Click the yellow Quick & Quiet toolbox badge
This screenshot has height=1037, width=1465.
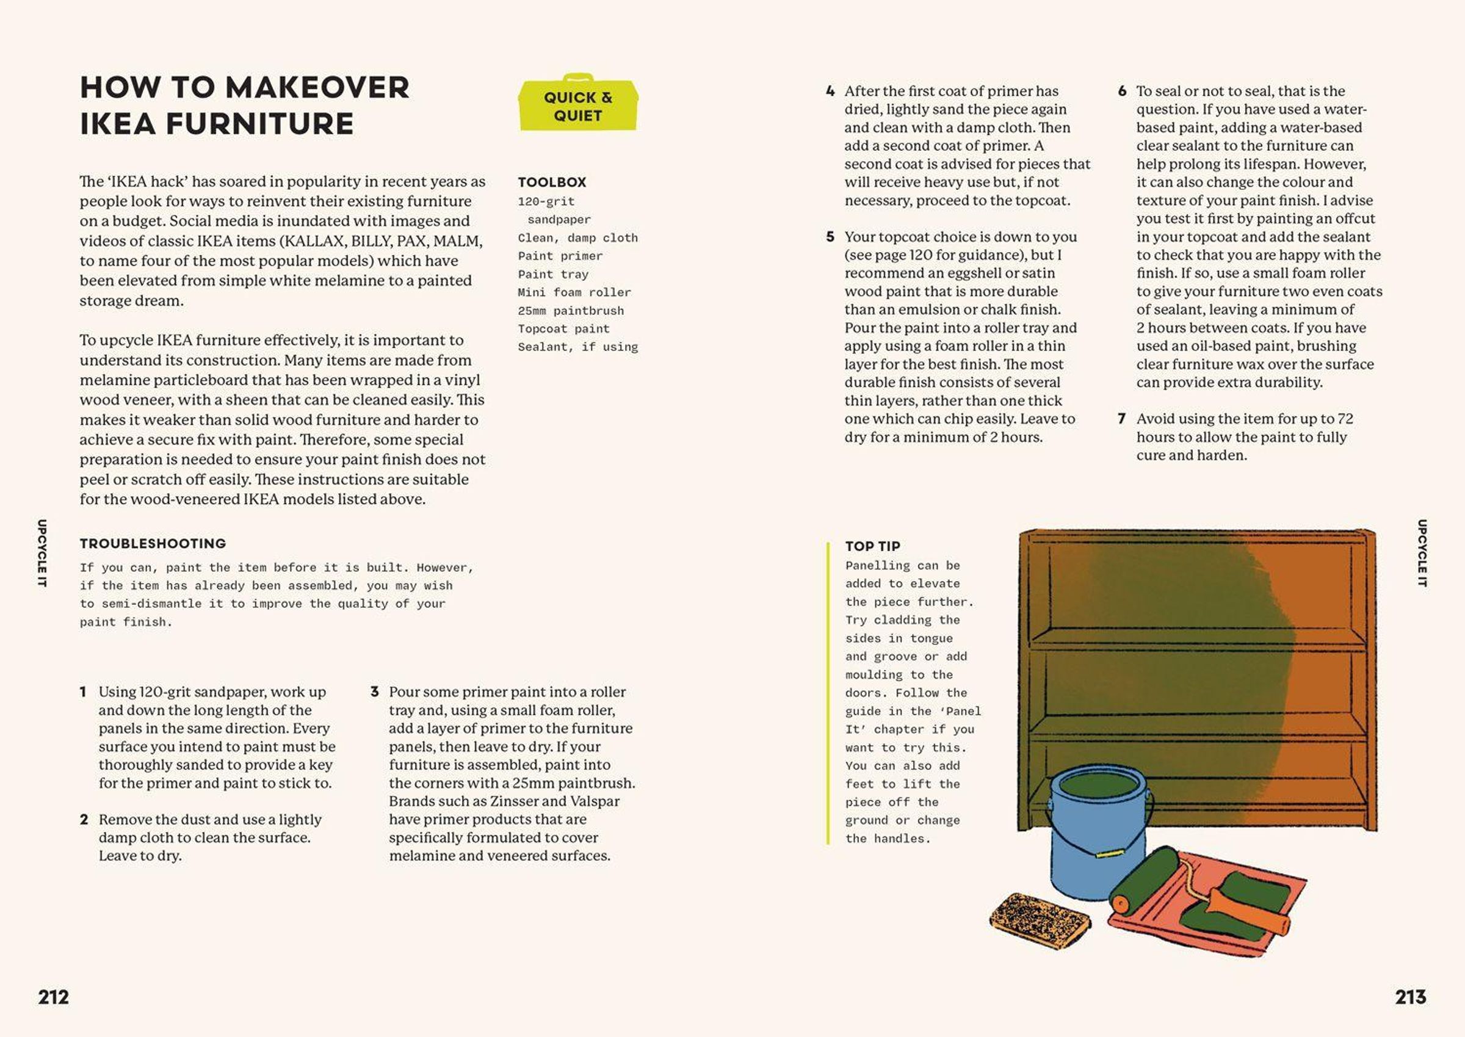tap(577, 103)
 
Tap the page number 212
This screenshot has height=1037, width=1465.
tap(53, 997)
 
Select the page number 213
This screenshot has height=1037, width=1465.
tap(1410, 997)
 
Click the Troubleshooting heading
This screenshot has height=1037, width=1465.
tap(153, 543)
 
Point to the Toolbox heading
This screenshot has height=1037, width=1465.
tap(552, 182)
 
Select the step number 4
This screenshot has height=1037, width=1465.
tap(830, 92)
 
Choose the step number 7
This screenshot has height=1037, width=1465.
tap(1121, 419)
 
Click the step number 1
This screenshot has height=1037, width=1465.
tap(83, 692)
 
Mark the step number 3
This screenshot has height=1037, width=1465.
tap(375, 692)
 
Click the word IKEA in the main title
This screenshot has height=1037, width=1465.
tap(118, 123)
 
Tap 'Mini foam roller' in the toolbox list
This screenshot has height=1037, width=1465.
tap(574, 292)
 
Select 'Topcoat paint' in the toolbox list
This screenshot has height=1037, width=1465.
tap(564, 329)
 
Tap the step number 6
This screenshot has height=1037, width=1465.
tap(1122, 92)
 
